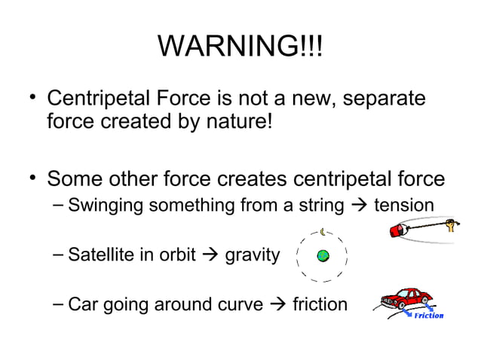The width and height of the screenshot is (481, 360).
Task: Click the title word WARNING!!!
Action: pyautogui.click(x=240, y=48)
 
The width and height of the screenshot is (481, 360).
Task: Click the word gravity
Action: pyautogui.click(x=253, y=256)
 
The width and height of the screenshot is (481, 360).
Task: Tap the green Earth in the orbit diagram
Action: pyautogui.click(x=323, y=256)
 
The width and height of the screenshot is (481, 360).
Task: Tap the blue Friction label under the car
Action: pyautogui.click(x=428, y=316)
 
